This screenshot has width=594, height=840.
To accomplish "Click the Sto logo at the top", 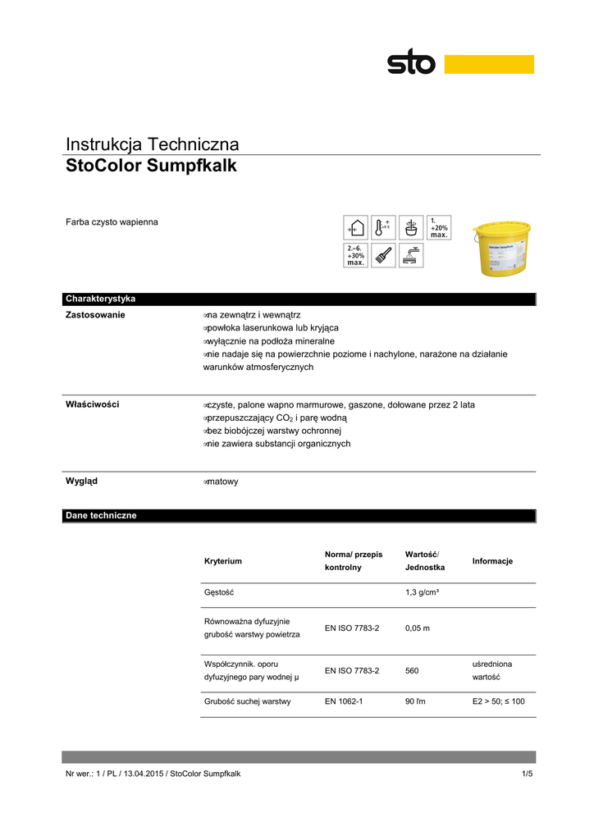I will pyautogui.click(x=412, y=62).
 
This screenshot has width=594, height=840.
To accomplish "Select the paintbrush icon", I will pyautogui.click(x=383, y=255).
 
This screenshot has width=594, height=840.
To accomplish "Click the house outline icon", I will pyautogui.click(x=354, y=228).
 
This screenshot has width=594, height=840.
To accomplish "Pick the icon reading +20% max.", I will pyautogui.click(x=439, y=228).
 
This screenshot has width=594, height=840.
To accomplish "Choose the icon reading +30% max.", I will pyautogui.click(x=354, y=255).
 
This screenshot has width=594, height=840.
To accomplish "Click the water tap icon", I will pyautogui.click(x=411, y=255).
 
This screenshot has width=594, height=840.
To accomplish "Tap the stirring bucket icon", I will pyautogui.click(x=411, y=228).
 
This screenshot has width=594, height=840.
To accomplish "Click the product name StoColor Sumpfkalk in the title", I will pyautogui.click(x=151, y=167).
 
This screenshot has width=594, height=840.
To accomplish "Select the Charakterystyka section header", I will pyautogui.click(x=100, y=299).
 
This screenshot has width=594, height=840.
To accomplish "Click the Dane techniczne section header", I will pyautogui.click(x=101, y=516).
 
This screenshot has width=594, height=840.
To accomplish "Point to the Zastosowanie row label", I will pyautogui.click(x=95, y=315).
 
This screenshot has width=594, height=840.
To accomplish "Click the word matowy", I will pyautogui.click(x=222, y=482).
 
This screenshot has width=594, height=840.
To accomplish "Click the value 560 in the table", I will pyautogui.click(x=412, y=670).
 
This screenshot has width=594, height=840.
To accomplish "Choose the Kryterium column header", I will pyautogui.click(x=222, y=561).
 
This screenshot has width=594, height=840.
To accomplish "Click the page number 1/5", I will pyautogui.click(x=527, y=774).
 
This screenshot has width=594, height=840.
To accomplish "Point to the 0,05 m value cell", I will pyautogui.click(x=418, y=628).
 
